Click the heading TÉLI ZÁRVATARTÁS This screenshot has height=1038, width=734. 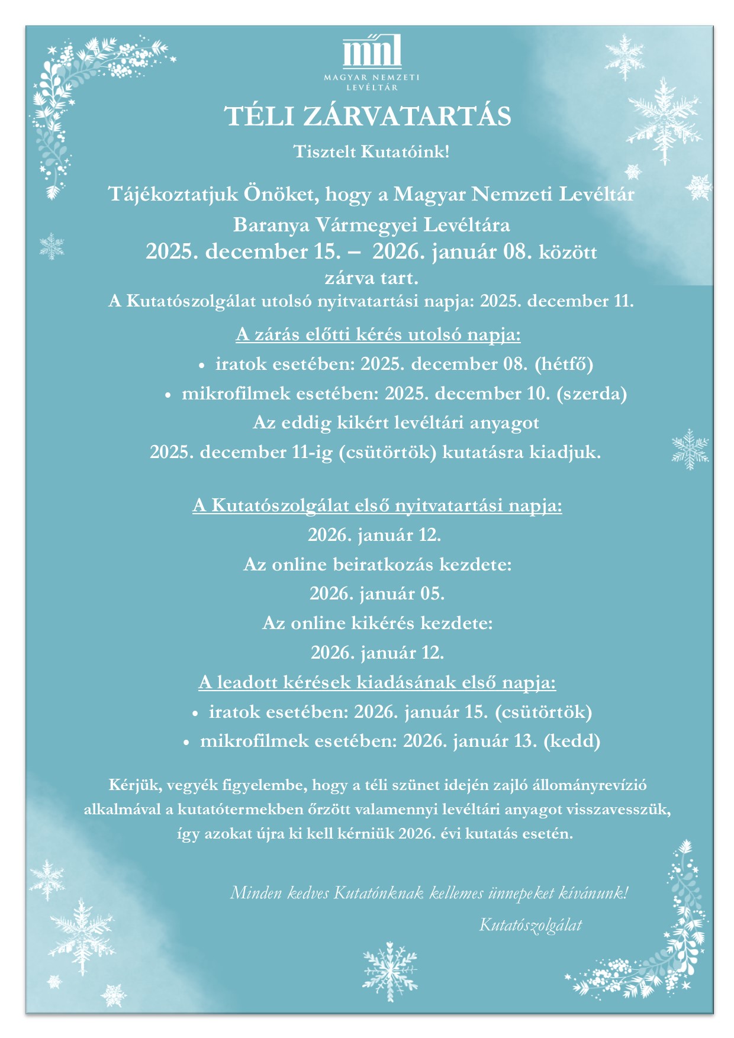pos(368,117)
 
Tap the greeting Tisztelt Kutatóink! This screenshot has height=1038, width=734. pos(372,152)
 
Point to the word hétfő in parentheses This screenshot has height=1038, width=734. pos(564,364)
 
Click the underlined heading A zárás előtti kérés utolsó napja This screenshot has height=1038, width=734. pos(378,335)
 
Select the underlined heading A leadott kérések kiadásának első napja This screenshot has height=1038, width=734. pos(377,682)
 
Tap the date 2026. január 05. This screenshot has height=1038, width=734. pos(377,594)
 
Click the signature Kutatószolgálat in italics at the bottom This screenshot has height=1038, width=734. pos(530,925)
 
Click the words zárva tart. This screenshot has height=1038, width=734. pos(371,278)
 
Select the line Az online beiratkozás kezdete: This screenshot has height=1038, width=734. pos(377,565)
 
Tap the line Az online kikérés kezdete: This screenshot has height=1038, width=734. pos(377,623)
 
